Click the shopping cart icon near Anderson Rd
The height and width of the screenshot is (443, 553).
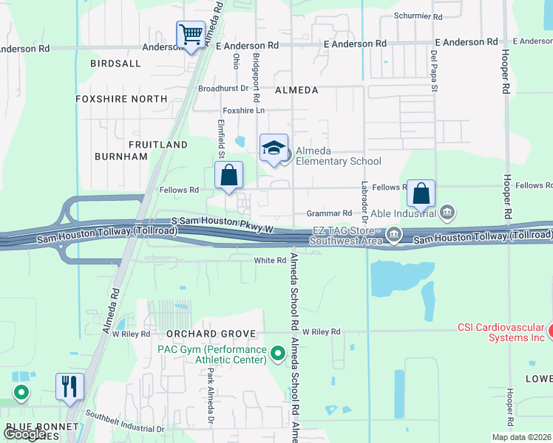click(191, 35)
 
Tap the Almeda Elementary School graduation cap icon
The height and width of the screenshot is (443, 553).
click(274, 148)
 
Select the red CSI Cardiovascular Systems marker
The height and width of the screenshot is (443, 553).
click(550, 331)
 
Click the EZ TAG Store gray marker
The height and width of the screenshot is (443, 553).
click(394, 236)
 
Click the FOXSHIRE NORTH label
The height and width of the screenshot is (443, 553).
click(121, 98)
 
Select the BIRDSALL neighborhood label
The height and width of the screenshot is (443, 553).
click(115, 64)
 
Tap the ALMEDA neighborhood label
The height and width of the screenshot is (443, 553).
click(296, 90)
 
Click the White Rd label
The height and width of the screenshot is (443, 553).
click(270, 261)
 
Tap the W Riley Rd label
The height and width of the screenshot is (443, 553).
click(321, 332)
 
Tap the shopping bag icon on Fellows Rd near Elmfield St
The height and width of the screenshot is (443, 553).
click(229, 176)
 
